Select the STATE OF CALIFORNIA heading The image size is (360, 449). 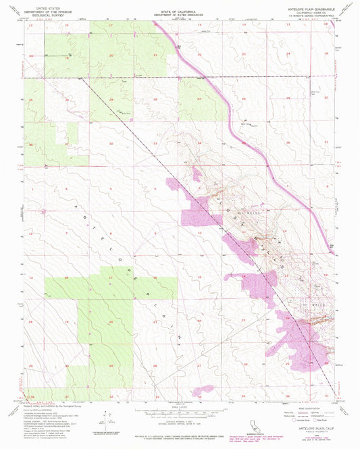pos(179,4)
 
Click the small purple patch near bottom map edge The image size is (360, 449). pos(203,390)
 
